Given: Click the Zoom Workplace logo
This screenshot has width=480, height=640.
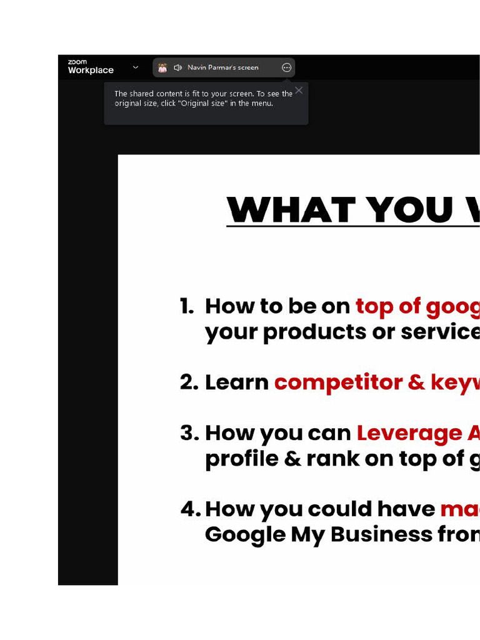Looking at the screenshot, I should point(90,67).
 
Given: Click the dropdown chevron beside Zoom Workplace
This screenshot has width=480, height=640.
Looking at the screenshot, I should point(136,67).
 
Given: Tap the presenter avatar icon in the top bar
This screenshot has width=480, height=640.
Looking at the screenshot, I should point(162,67).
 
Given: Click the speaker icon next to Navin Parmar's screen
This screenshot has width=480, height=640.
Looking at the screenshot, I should point(177,67).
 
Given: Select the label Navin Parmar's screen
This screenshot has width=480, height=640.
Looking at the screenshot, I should point(222,67).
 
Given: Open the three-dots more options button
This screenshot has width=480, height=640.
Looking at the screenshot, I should point(287,67).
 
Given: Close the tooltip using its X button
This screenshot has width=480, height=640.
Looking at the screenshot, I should point(299,91).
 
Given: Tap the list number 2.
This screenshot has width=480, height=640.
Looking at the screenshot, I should point(189,382).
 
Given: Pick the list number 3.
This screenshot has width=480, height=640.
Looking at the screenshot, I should point(189,433).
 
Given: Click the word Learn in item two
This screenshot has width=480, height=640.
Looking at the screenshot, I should point(237,382).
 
